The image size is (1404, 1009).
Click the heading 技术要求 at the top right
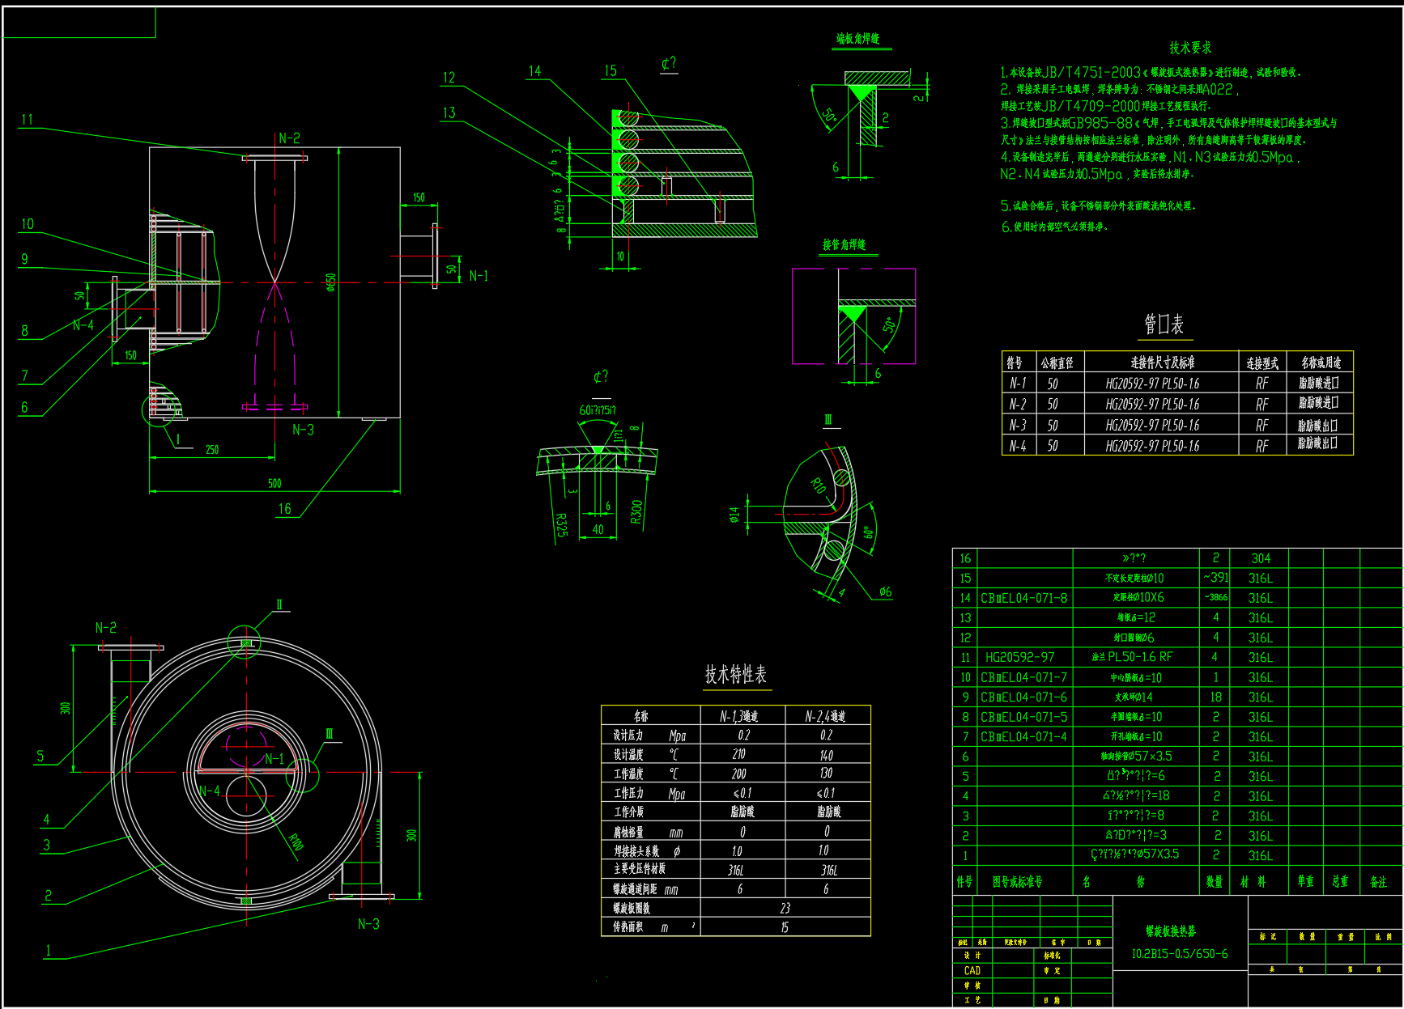[x=1189, y=48]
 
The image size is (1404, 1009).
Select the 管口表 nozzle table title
[x=1164, y=324]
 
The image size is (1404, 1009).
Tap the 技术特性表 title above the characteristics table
[x=735, y=674]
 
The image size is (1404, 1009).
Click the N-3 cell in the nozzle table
[x=1017, y=425]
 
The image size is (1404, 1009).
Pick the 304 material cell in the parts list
[x=1260, y=558]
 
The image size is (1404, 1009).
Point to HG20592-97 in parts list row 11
[x=1019, y=657]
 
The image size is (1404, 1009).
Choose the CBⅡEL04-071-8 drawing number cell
[x=1023, y=598]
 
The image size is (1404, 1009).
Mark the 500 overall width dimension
[x=274, y=483]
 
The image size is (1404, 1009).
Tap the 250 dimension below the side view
[x=211, y=449]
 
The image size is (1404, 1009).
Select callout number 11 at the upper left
[x=28, y=120]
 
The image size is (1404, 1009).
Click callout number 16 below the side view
[x=284, y=508]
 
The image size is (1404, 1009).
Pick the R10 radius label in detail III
[x=819, y=485]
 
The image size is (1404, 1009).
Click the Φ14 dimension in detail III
[x=734, y=515]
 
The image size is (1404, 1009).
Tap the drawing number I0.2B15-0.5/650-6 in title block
[x=1179, y=954]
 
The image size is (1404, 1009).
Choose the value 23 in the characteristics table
[x=785, y=908]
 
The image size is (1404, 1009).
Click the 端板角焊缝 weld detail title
[x=857, y=39]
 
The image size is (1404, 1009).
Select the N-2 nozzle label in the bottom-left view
[x=105, y=627]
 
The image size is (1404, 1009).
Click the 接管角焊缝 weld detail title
[x=844, y=244]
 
